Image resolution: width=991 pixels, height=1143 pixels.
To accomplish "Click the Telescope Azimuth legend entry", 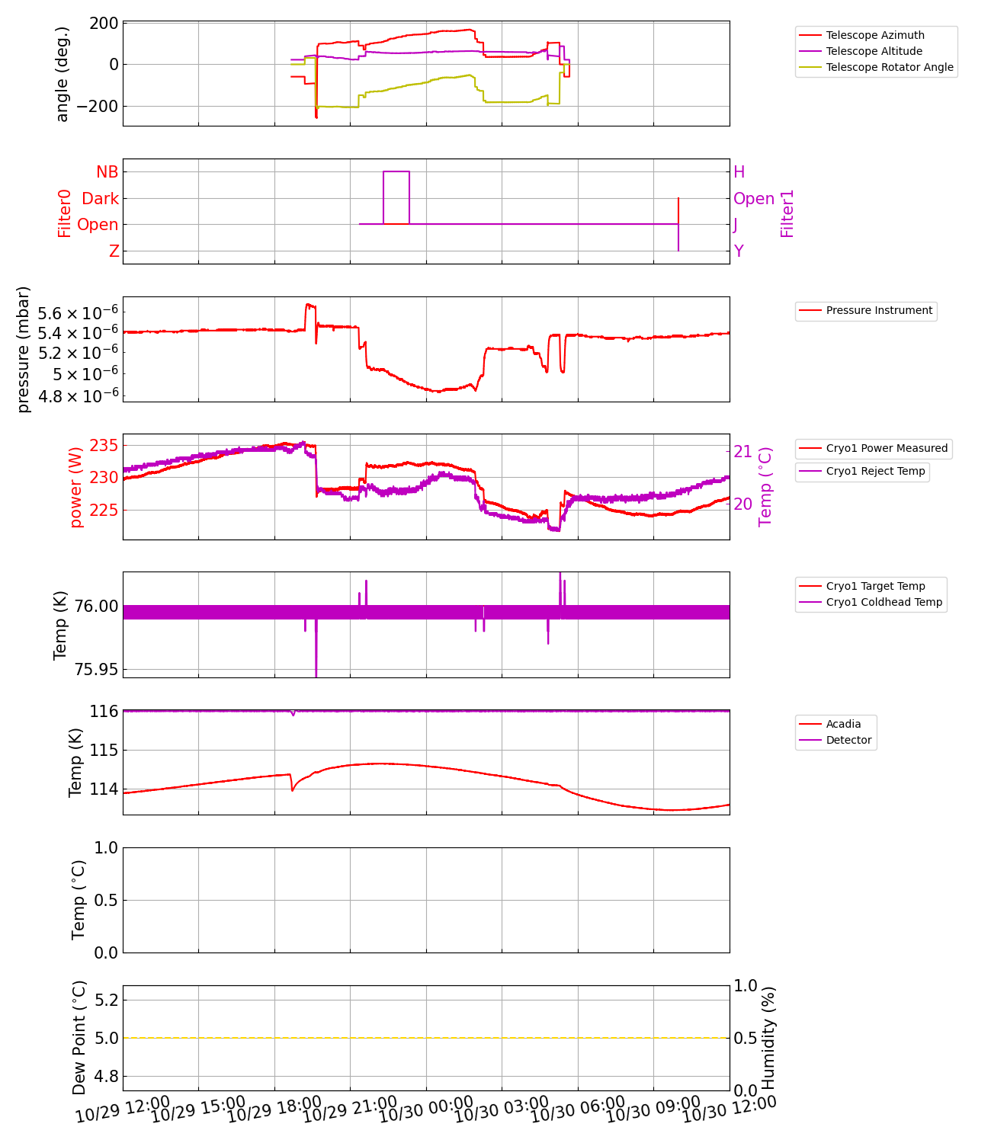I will (x=874, y=35).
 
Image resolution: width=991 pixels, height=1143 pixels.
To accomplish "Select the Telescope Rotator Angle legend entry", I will (x=889, y=67).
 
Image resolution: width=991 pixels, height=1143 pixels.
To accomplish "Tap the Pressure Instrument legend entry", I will (x=878, y=310).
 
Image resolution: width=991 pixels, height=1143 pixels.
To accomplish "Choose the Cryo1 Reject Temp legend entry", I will (x=875, y=471).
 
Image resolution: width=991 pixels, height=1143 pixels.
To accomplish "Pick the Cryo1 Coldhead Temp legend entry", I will (x=884, y=602).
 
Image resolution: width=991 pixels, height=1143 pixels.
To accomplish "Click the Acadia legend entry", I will (x=843, y=724).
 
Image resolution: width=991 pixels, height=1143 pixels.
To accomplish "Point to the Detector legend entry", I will (x=848, y=740).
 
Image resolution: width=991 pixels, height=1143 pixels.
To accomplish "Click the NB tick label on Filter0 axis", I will (x=107, y=172).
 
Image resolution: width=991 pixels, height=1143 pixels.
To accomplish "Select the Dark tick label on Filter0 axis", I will (x=100, y=199).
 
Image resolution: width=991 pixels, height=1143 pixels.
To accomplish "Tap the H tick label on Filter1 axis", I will (x=739, y=172).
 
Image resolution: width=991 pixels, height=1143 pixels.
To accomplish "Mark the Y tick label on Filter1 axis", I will (x=738, y=251).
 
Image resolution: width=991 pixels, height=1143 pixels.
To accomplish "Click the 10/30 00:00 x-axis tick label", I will (x=425, y=1110).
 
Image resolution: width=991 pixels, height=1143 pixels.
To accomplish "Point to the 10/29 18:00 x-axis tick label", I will (x=274, y=1110).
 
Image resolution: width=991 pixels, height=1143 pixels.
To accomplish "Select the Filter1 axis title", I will (x=787, y=213).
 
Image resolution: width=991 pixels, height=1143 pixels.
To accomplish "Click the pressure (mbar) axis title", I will (x=24, y=349).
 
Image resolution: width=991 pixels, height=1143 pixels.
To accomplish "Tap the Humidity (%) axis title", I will (x=768, y=1038).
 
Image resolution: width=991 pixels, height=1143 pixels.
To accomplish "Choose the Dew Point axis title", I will (x=79, y=1038).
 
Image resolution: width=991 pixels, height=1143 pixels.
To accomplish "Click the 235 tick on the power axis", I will (x=104, y=445).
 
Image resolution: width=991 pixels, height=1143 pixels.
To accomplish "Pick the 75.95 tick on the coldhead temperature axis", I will (x=97, y=669).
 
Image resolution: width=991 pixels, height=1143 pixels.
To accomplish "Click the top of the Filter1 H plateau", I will (x=396, y=171).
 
